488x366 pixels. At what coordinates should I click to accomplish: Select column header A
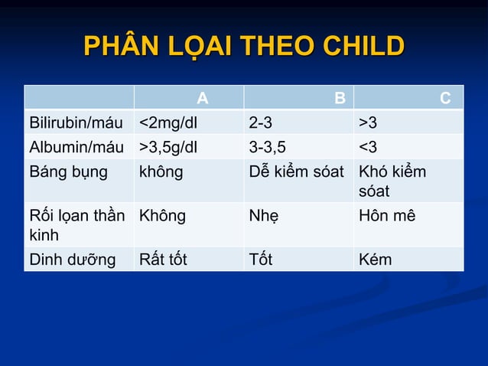[202, 98]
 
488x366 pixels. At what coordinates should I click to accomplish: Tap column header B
[339, 98]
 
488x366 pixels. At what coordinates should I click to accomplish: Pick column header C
[445, 98]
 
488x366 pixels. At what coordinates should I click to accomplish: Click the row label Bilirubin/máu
[75, 123]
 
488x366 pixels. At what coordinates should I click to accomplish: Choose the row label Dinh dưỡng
[72, 260]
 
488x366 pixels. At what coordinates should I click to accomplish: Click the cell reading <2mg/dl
[168, 123]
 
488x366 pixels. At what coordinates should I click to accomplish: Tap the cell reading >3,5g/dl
[168, 147]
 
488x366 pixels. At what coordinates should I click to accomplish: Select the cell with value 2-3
[261, 123]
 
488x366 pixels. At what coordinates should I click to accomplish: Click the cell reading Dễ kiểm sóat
[297, 172]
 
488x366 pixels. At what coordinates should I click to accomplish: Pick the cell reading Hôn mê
[387, 216]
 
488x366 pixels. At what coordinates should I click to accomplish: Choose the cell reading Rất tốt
[163, 260]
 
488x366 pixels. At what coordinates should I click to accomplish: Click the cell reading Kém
[376, 260]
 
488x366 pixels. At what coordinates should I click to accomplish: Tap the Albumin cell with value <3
[368, 147]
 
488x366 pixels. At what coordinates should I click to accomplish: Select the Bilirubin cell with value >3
[368, 123]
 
